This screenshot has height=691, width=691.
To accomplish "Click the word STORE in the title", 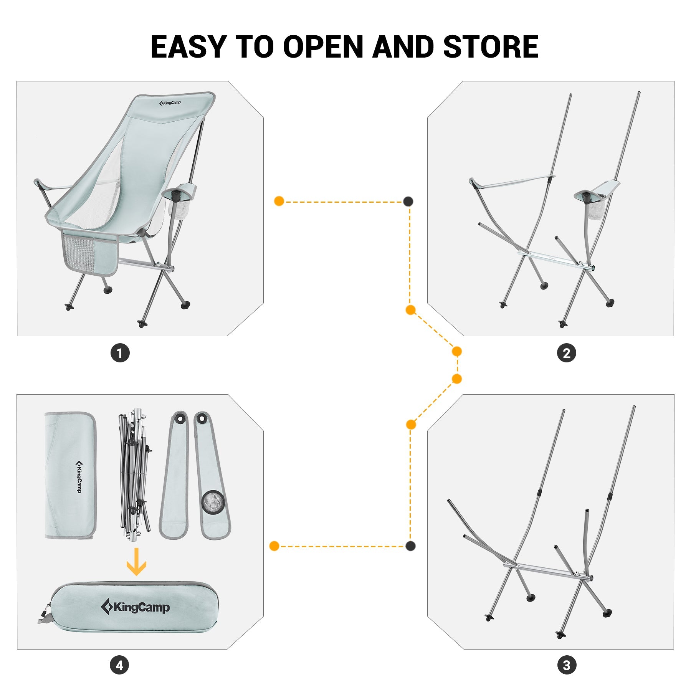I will (x=491, y=47).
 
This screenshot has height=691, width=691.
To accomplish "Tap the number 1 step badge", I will (x=120, y=353).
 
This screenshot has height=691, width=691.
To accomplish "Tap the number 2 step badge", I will (x=566, y=353).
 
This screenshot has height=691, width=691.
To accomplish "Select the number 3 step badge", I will (x=566, y=665).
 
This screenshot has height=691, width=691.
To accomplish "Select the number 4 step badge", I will (x=119, y=665).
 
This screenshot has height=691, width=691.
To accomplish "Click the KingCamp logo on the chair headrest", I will (x=170, y=103).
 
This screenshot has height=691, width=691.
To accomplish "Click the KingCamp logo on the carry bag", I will (x=135, y=607).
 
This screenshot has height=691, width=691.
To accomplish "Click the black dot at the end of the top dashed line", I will (x=408, y=201).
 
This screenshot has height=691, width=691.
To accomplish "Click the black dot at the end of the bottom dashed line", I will (x=410, y=546).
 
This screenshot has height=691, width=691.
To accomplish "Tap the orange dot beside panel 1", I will (x=279, y=201).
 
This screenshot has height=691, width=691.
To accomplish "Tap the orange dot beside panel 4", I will (x=274, y=546).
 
